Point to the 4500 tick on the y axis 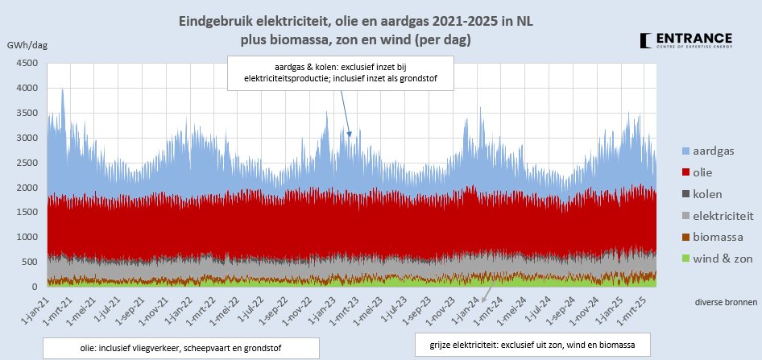pos(27,64)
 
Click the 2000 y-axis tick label pos(27,188)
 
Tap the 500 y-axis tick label pos(30,262)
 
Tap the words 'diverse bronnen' pos(725,302)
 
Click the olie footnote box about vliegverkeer pos(180,347)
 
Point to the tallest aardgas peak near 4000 pos(62,90)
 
